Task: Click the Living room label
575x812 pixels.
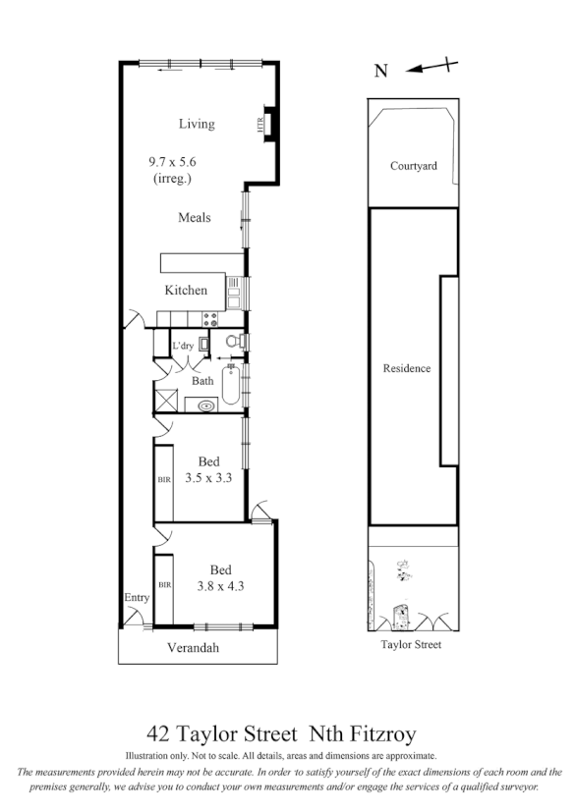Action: pos(196,124)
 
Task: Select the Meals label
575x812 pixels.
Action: pos(196,217)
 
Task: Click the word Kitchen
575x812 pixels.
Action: pos(186,290)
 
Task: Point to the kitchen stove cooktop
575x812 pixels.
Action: pos(208,318)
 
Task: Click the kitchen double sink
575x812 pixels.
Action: pos(234,289)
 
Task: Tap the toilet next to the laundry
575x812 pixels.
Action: pos(232,342)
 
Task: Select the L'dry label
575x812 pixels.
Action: pos(183,347)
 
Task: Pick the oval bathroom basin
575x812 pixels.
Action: pos(207,404)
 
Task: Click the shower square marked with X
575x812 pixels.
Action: pos(163,402)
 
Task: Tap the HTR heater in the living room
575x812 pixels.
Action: pos(262,124)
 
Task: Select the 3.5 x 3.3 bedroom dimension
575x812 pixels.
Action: pos(208,479)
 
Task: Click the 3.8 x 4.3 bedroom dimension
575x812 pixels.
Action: pos(221,585)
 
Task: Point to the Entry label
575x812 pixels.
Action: pos(135,597)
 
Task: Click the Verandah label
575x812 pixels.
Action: pos(192,648)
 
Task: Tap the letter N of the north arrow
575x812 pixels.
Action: pos(381,70)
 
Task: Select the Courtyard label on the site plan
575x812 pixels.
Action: pos(413,166)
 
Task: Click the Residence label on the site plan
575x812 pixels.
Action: pos(407,368)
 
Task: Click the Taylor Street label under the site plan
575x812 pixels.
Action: pos(412,644)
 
